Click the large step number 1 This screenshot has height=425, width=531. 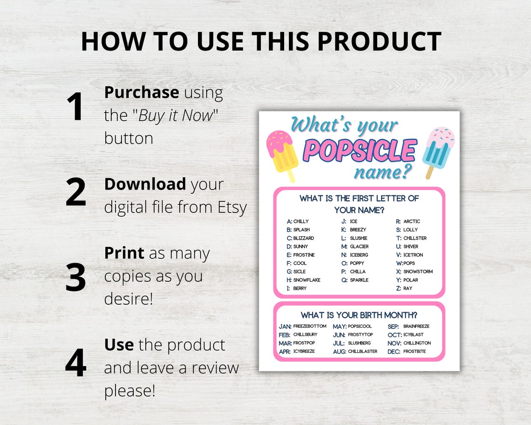(75, 107)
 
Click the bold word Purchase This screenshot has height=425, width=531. (141, 92)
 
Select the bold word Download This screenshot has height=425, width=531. (145, 184)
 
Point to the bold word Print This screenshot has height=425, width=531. (124, 253)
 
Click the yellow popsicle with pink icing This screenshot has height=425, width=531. (282, 154)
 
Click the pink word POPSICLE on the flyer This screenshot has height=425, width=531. (359, 151)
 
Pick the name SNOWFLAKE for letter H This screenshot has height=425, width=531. (306, 280)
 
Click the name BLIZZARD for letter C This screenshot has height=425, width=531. (304, 238)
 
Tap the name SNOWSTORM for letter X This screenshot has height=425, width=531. (418, 272)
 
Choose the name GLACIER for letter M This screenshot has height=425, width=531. (359, 247)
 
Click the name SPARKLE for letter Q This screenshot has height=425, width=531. (359, 280)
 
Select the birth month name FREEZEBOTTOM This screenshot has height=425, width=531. (310, 326)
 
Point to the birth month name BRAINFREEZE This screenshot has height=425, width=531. (416, 326)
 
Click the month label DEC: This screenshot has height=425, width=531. (394, 352)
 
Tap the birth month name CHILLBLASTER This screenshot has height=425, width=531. (363, 351)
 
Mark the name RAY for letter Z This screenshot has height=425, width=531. (408, 288)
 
